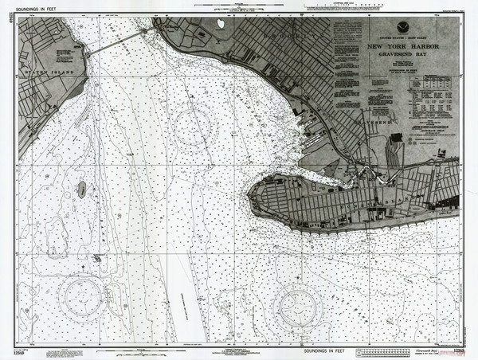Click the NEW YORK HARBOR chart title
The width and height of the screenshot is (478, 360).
406,47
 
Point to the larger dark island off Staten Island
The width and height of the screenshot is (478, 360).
81,189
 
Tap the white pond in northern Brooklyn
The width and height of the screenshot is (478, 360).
220,26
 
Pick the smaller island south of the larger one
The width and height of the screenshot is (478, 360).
96,257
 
